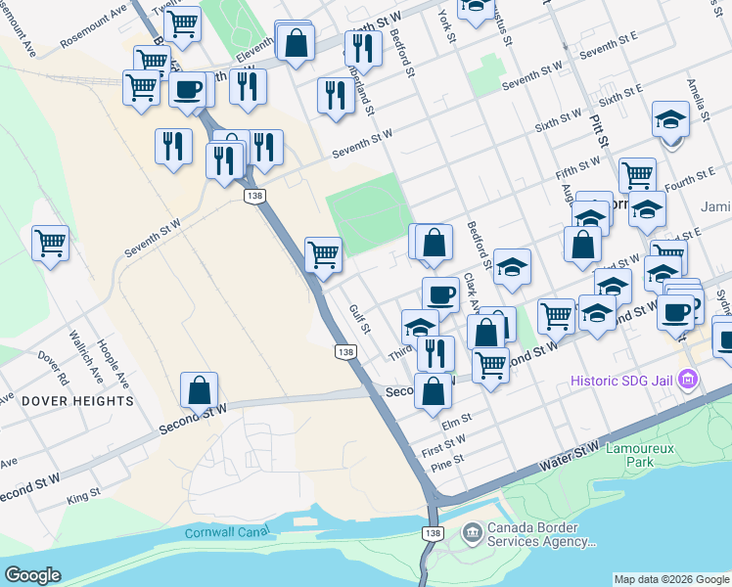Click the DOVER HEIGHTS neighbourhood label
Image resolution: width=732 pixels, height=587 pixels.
[77, 401]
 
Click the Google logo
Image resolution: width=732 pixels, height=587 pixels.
[33, 575]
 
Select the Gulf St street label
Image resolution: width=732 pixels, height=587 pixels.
[359, 317]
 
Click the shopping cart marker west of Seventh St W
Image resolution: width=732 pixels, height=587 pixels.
[50, 241]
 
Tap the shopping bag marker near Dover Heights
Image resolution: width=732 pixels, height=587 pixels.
[200, 389]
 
